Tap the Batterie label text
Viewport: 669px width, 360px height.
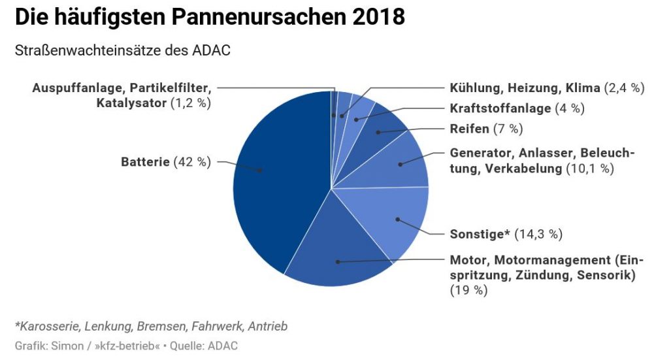click(145, 162)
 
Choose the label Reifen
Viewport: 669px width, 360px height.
click(469, 129)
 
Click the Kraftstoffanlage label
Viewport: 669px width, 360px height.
click(500, 108)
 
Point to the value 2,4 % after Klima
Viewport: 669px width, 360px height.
click(624, 88)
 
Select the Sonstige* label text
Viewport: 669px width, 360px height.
click(480, 234)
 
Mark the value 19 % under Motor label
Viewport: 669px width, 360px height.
click(468, 291)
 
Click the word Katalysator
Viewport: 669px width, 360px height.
click(131, 103)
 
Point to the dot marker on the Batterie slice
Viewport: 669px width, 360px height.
click(261, 171)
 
